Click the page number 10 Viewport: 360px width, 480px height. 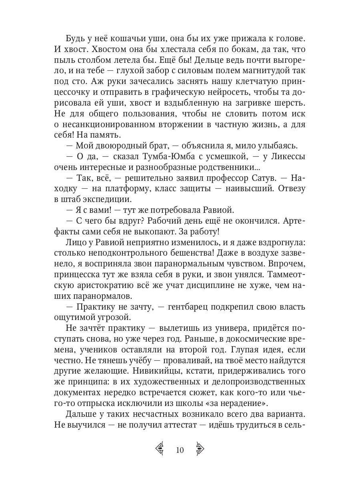click(x=179, y=450)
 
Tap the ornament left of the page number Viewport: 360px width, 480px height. click(x=160, y=450)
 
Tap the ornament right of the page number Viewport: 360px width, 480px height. click(x=200, y=450)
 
